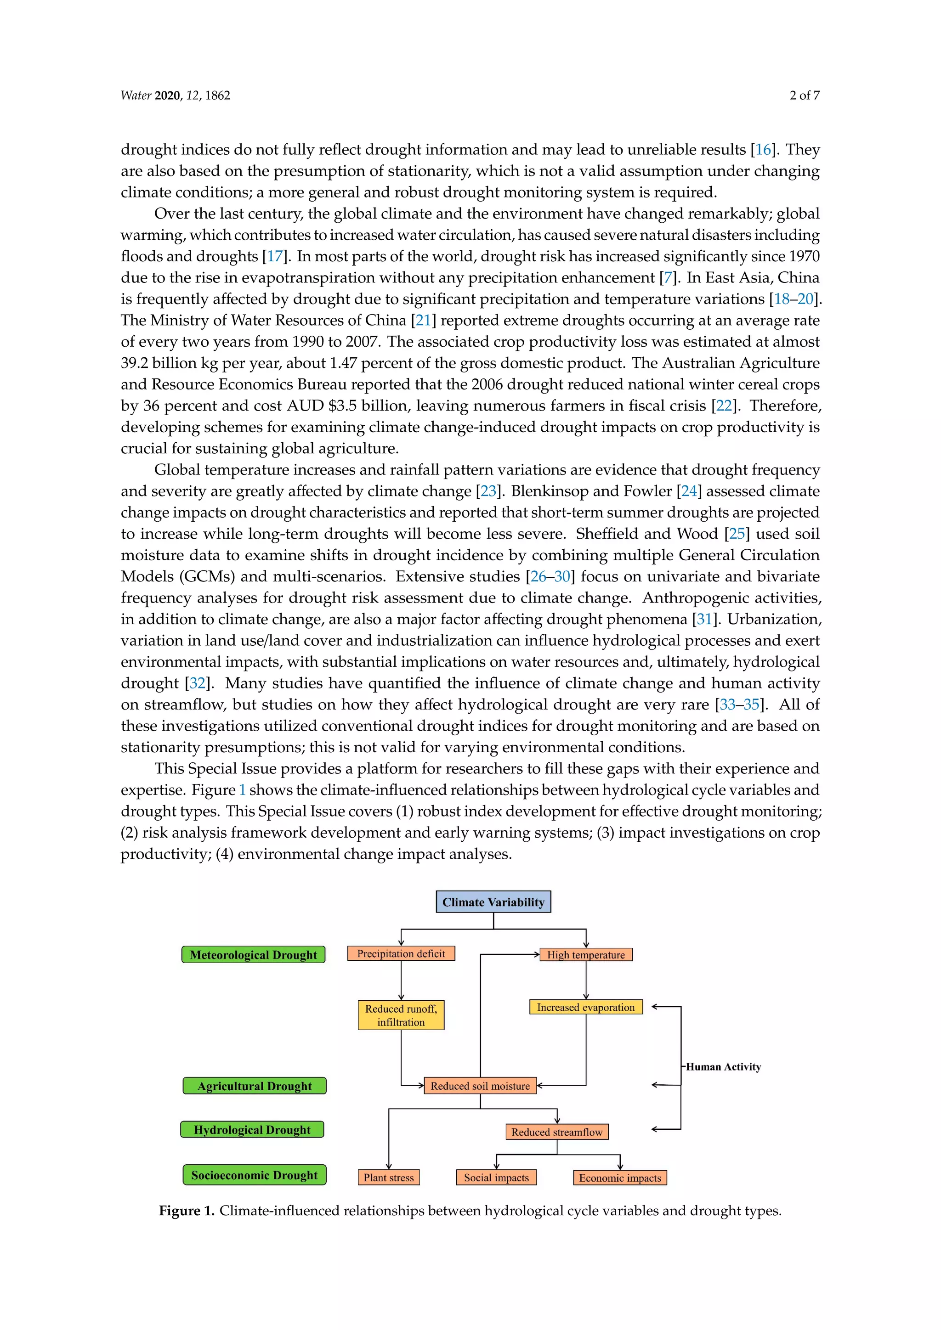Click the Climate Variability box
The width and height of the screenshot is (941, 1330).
click(493, 902)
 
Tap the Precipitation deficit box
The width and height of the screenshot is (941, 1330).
click(401, 953)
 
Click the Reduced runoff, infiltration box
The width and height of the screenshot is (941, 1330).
click(401, 1015)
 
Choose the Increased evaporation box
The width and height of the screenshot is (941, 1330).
click(586, 1007)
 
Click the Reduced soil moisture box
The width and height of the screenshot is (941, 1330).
click(480, 1086)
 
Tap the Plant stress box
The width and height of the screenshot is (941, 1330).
click(388, 1178)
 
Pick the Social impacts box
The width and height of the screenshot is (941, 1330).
click(496, 1178)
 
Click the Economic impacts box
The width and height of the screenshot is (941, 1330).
click(620, 1178)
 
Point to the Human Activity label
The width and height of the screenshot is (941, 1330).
click(723, 1067)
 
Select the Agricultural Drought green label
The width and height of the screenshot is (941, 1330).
click(255, 1086)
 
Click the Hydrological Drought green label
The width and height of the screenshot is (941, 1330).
click(252, 1130)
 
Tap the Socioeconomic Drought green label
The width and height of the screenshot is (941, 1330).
click(255, 1175)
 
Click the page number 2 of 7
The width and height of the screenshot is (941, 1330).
click(804, 96)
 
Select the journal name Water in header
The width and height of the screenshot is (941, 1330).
click(136, 96)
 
